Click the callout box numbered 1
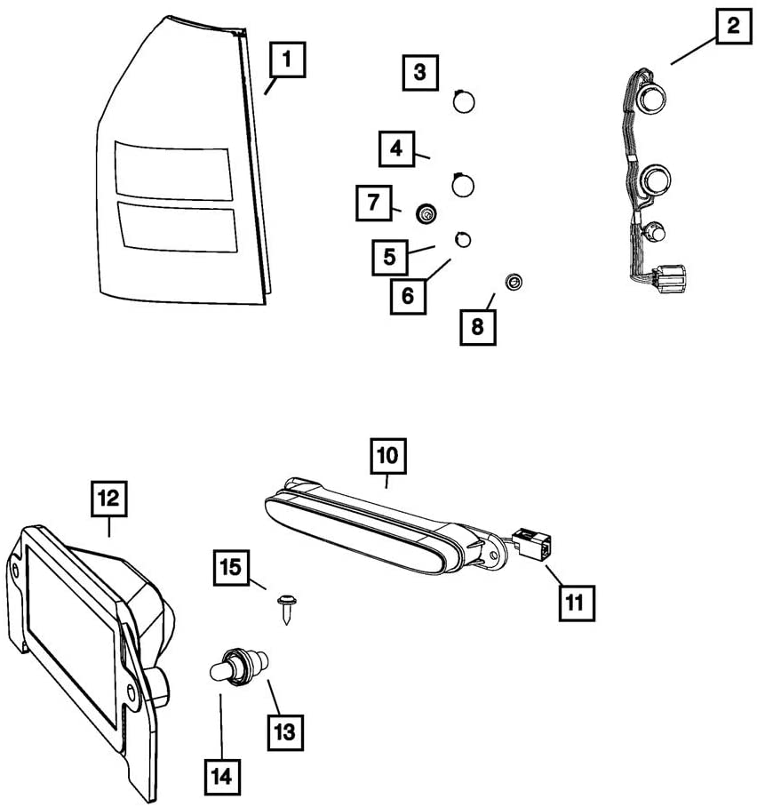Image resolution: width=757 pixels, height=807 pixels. click(x=288, y=62)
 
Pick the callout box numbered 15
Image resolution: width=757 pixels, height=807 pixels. click(x=230, y=567)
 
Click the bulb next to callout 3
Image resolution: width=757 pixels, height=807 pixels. click(x=464, y=101)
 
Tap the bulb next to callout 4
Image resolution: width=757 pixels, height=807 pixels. click(x=463, y=185)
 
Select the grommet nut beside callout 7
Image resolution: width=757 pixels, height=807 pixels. click(x=428, y=213)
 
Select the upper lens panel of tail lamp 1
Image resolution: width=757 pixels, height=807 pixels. click(x=172, y=169)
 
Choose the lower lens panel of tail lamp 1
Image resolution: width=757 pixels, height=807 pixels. click(x=177, y=227)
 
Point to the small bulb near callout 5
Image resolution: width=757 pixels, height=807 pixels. click(x=463, y=238)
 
